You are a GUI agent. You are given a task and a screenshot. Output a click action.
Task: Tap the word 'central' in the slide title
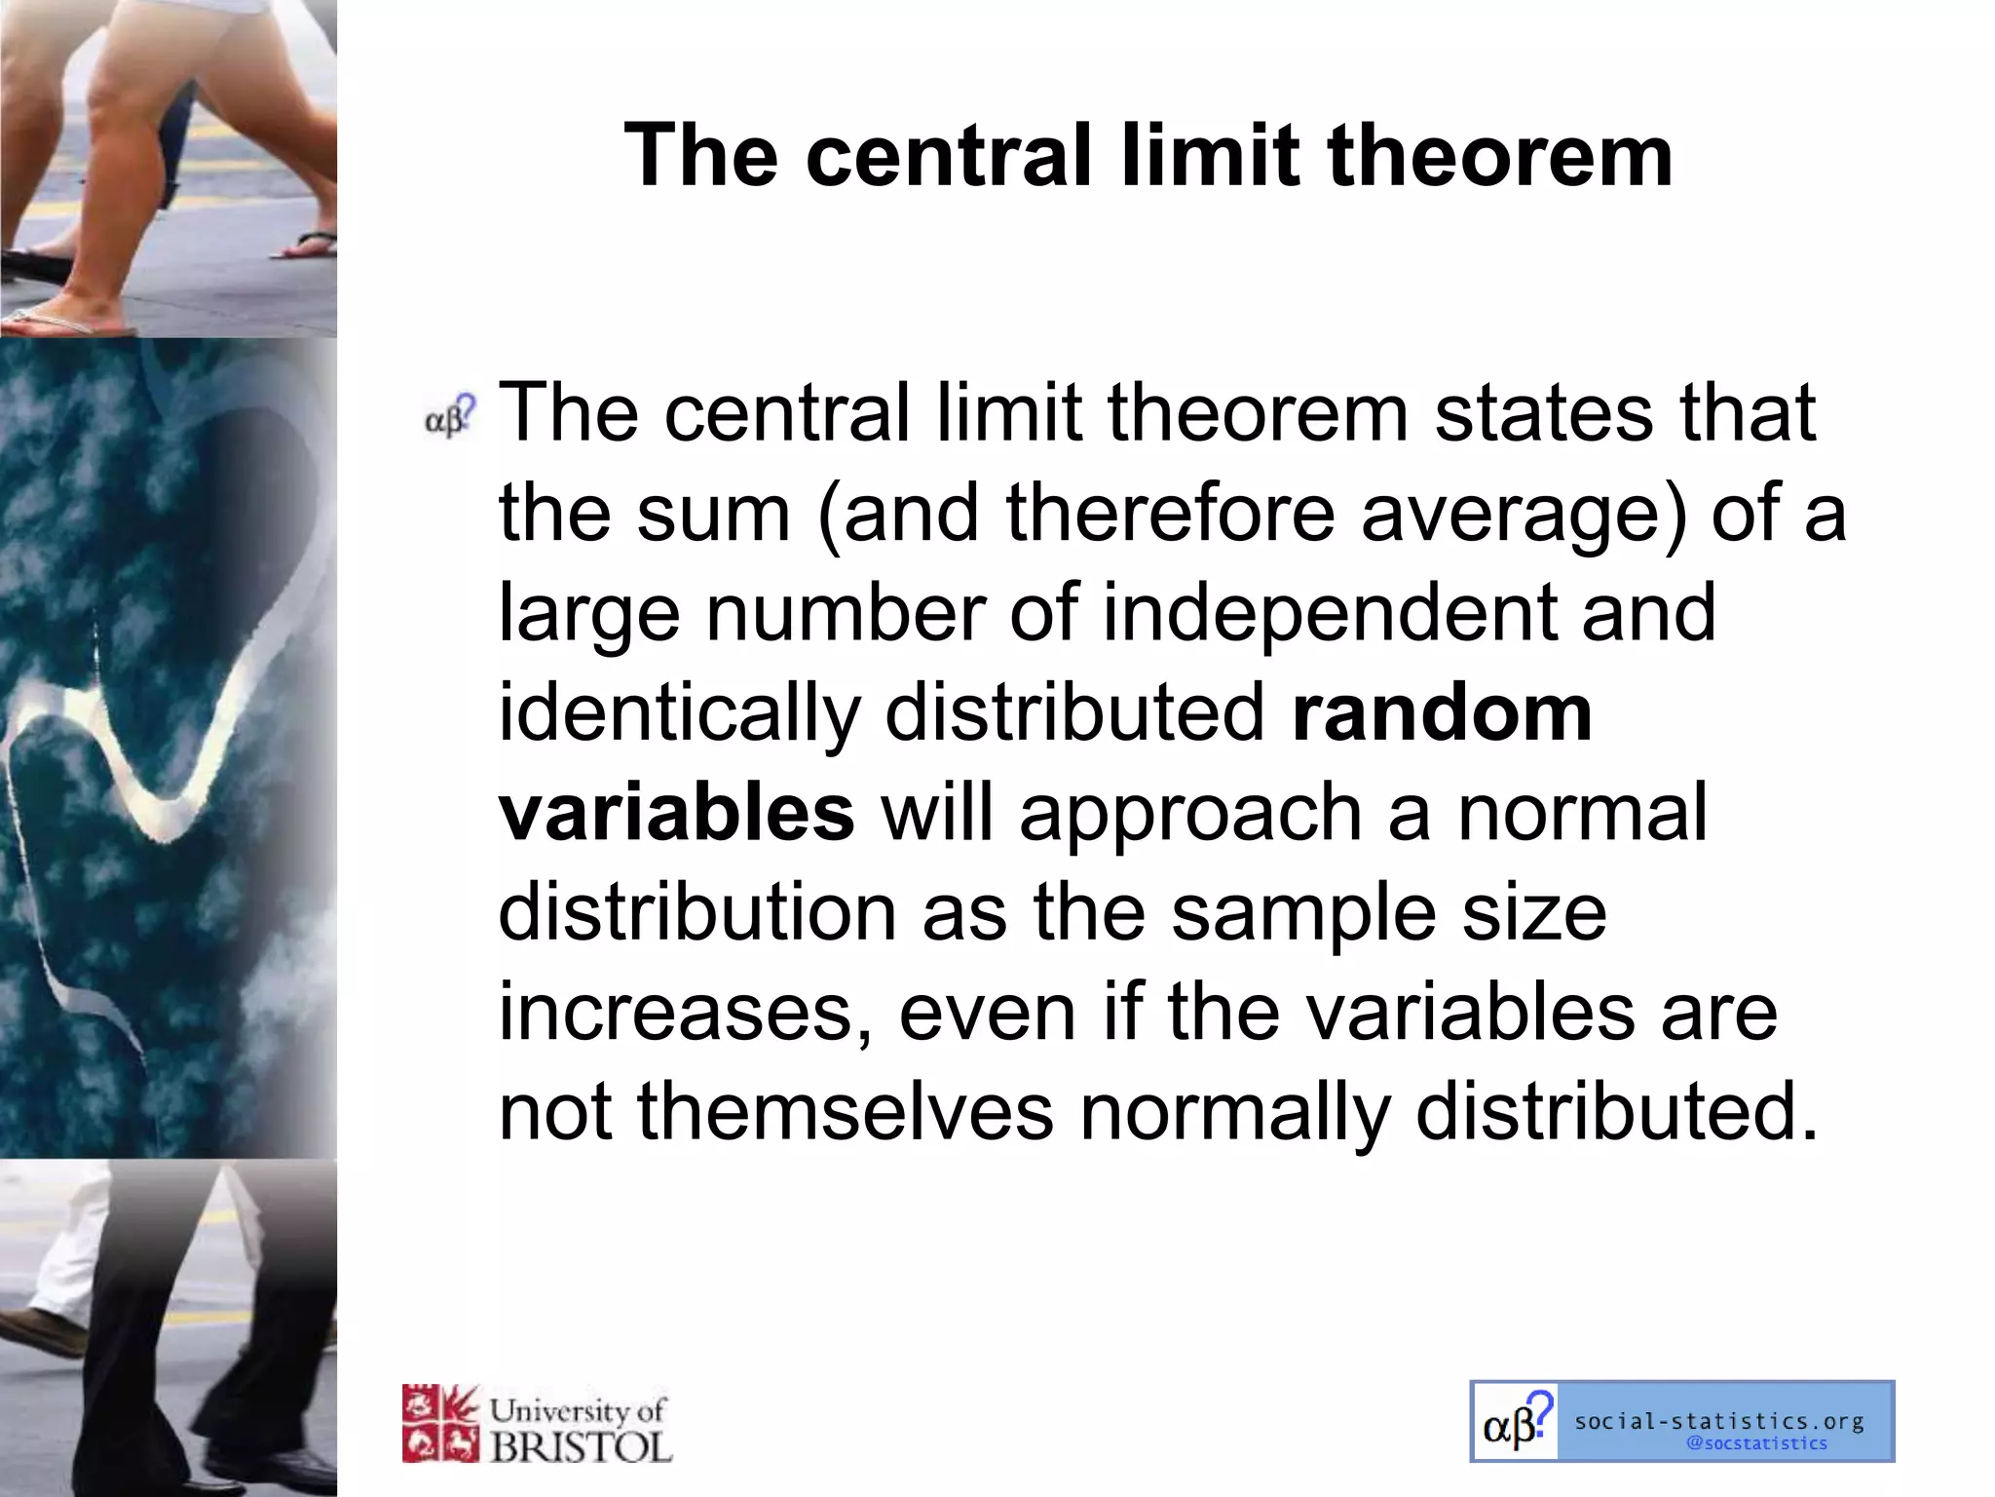point(948,156)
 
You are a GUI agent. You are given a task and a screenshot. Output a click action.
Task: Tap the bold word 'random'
point(1442,713)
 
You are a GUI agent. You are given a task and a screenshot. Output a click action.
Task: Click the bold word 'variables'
point(676,814)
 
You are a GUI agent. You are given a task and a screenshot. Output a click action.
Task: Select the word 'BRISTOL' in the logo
point(581,1446)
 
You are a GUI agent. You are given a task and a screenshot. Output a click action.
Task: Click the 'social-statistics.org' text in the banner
point(1719,1421)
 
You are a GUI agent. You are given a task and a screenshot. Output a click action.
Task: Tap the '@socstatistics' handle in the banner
point(1756,1443)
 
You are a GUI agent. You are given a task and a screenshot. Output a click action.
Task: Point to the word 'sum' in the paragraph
point(713,515)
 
